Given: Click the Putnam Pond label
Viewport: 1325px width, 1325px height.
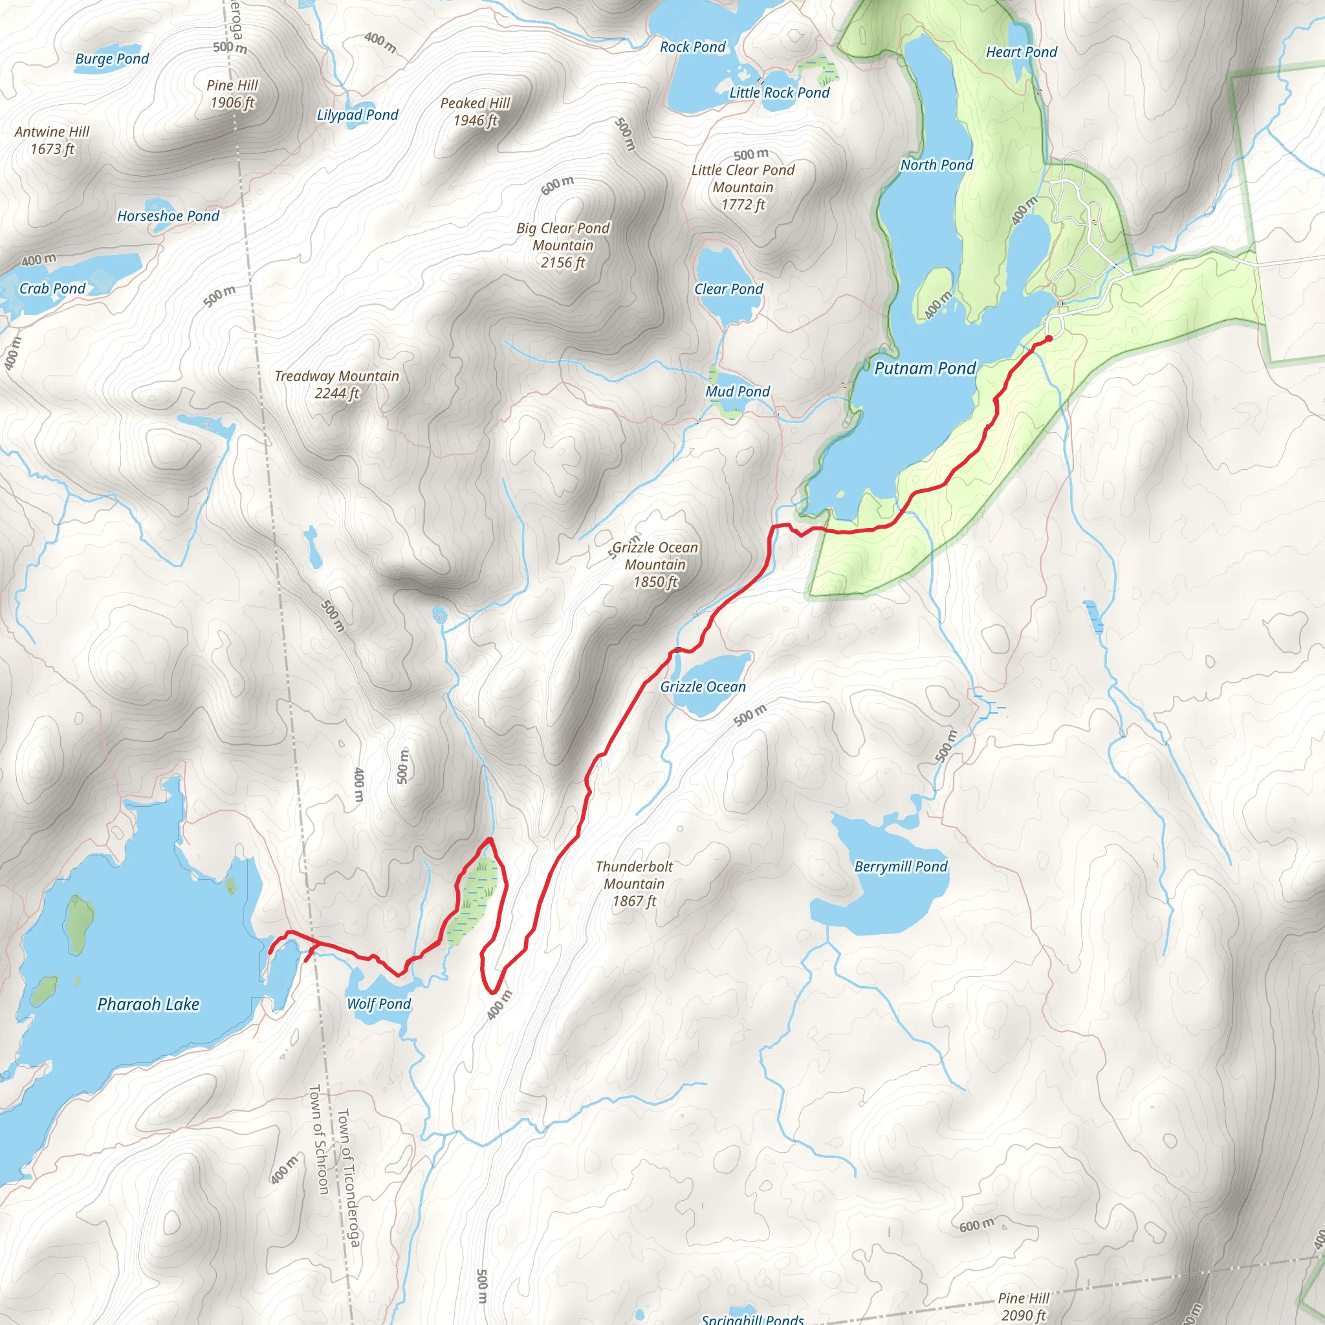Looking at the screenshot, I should pyautogui.click(x=925, y=368).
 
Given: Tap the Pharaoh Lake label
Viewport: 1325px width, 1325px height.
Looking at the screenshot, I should pyautogui.click(x=148, y=1004).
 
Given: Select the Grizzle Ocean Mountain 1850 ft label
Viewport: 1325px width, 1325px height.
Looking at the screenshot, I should pyautogui.click(x=655, y=564).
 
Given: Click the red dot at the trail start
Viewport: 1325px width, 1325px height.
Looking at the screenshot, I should pyautogui.click(x=1049, y=338).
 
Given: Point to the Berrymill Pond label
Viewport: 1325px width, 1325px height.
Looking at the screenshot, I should pyautogui.click(x=901, y=866).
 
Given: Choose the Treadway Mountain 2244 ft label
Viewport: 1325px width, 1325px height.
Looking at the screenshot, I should pyautogui.click(x=336, y=384).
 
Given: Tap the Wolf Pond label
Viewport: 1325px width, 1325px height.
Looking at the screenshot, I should pyautogui.click(x=378, y=1004).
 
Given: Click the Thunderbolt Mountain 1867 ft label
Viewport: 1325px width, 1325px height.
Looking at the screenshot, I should pyautogui.click(x=635, y=883).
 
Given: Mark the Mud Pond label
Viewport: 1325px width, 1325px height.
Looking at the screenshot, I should pyautogui.click(x=738, y=391).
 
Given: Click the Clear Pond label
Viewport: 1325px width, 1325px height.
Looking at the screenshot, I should pyautogui.click(x=728, y=289).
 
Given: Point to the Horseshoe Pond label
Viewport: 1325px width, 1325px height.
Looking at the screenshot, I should pyautogui.click(x=168, y=216).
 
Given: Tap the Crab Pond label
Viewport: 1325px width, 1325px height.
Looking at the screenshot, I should pyautogui.click(x=52, y=288).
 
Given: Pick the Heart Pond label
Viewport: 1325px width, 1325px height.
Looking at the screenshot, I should pyautogui.click(x=1021, y=52).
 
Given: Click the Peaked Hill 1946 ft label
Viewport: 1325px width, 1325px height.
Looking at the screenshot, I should pyautogui.click(x=476, y=111).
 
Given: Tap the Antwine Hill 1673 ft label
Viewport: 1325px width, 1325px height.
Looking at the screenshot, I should pyautogui.click(x=52, y=140).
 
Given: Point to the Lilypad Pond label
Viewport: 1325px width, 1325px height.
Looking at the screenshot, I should pyautogui.click(x=357, y=115).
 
